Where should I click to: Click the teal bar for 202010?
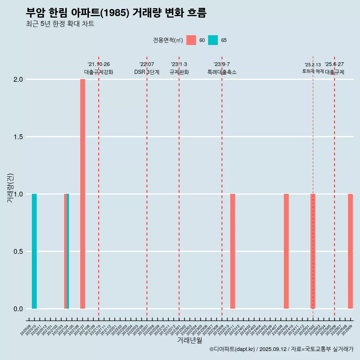click(x=34, y=251)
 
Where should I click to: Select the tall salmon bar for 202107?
click(x=82, y=194)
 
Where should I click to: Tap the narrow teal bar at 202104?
click(x=68, y=251)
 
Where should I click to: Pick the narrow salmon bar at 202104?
click(x=65, y=251)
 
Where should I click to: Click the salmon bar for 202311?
click(x=232, y=251)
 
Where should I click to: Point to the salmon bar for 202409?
click(x=286, y=251)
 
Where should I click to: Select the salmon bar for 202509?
click(x=350, y=251)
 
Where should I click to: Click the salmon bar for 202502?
click(x=313, y=251)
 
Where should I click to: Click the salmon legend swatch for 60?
click(x=191, y=40)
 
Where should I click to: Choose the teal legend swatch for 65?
click(x=213, y=40)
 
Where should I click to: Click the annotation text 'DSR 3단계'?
click(x=147, y=72)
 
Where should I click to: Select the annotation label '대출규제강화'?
click(x=98, y=72)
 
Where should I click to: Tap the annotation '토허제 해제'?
click(x=313, y=71)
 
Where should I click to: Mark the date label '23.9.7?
click(x=222, y=64)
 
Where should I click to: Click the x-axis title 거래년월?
click(x=189, y=340)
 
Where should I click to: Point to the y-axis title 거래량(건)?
click(x=10, y=187)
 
